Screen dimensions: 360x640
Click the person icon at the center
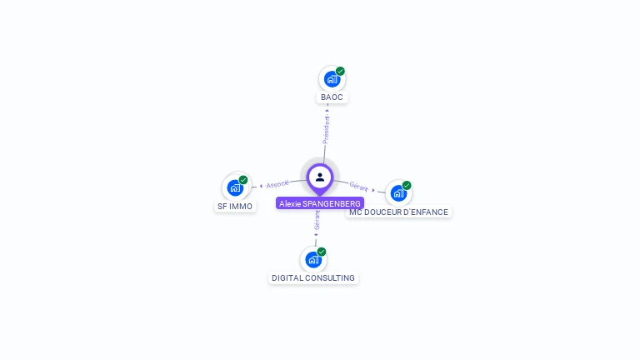[320, 177]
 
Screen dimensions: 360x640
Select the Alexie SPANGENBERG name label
[320, 203]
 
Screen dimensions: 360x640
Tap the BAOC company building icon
[332, 80]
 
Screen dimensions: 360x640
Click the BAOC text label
[332, 97]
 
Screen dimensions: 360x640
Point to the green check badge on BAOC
[340, 72]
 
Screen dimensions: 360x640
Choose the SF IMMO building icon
[235, 187]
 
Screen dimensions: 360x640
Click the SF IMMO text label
[235, 206]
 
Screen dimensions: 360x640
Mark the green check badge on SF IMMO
[243, 180]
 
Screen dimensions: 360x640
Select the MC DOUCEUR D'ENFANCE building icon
[398, 193]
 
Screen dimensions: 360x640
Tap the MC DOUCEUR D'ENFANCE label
[398, 212]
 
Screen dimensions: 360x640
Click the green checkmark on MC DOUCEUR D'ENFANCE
[407, 185]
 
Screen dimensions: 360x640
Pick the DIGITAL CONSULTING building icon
[313, 259]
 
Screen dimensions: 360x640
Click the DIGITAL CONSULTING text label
[313, 278]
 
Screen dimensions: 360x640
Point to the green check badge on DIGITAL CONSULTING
[322, 252]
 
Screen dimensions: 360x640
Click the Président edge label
[327, 129]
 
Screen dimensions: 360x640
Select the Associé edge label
[277, 184]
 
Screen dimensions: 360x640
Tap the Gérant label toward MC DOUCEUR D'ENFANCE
[359, 186]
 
